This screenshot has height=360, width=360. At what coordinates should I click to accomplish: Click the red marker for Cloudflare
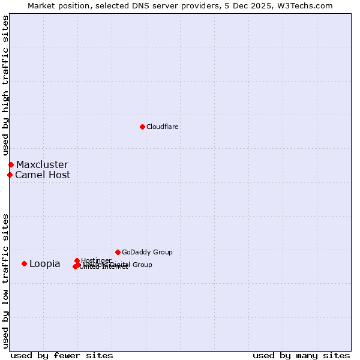(142, 127)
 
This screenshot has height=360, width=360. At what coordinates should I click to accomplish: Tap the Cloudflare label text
(163, 127)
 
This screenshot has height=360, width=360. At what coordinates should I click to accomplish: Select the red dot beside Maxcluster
(11, 164)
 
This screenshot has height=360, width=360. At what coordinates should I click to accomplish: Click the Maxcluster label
(42, 164)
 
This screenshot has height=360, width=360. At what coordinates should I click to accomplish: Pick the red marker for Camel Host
(10, 175)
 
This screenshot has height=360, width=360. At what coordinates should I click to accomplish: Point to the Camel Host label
(43, 175)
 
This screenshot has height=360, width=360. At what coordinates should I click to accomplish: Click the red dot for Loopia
(24, 263)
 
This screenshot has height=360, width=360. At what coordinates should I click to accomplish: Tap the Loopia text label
(45, 264)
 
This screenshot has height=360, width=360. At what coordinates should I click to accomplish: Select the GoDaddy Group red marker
(118, 252)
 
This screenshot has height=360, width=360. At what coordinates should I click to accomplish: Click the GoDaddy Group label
(147, 252)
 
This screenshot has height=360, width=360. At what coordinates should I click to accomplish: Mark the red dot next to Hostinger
(77, 260)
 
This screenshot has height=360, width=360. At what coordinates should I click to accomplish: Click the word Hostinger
(96, 260)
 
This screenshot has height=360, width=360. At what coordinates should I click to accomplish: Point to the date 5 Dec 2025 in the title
(250, 5)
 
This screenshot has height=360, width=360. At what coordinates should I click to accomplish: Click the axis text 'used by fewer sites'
(62, 355)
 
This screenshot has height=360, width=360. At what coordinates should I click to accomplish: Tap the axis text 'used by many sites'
(301, 355)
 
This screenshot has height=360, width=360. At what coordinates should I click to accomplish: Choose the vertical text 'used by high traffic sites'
(5, 86)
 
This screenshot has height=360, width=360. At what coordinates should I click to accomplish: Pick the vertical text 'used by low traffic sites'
(5, 280)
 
